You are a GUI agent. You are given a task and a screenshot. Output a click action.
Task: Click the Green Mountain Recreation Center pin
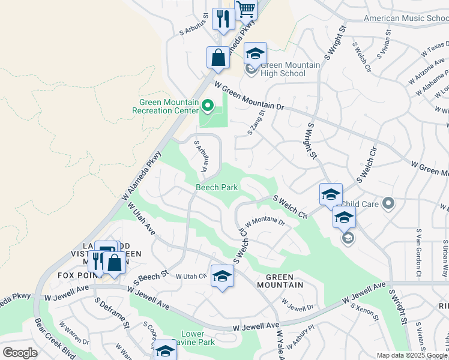(x=208, y=107)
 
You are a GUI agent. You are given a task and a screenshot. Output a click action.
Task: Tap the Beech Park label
(x=217, y=187)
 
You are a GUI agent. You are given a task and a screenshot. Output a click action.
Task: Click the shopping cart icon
(x=246, y=10)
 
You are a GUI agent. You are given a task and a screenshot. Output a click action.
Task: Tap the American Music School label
(x=406, y=18)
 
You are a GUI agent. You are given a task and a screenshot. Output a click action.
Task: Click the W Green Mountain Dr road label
(x=248, y=97)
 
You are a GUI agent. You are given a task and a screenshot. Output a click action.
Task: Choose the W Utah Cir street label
(x=191, y=276)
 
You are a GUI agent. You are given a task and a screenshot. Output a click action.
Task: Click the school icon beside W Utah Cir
(x=222, y=275)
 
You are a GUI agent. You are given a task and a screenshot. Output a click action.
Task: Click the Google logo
(x=20, y=352)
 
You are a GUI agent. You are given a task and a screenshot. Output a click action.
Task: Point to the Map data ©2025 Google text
(x=412, y=355)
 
